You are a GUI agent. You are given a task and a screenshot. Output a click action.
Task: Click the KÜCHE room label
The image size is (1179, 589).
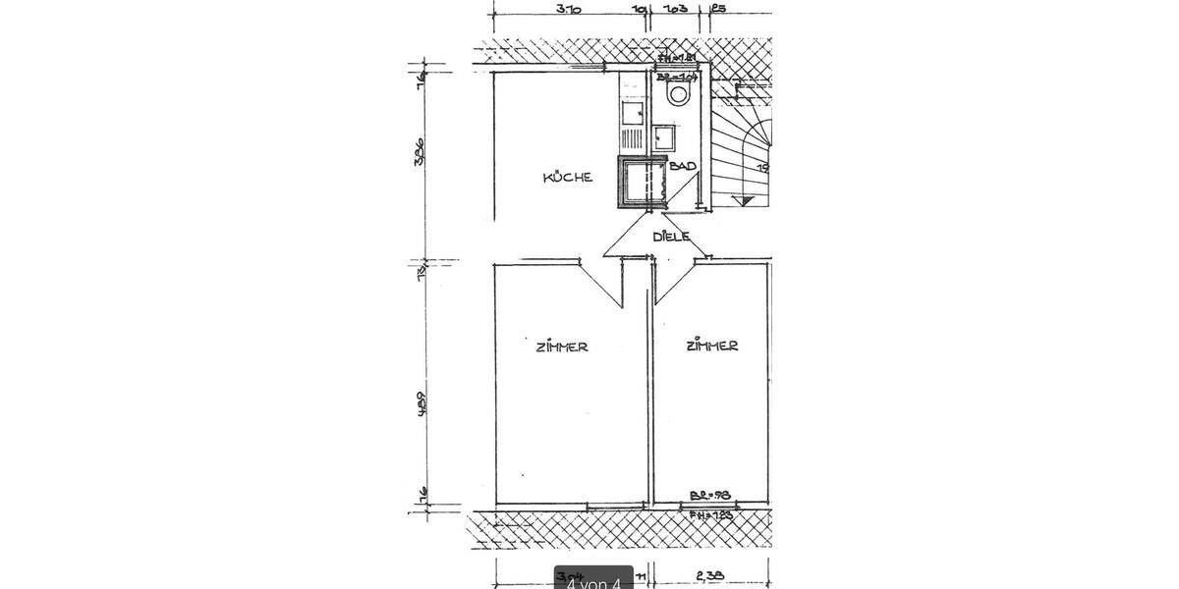pyautogui.click(x=568, y=178)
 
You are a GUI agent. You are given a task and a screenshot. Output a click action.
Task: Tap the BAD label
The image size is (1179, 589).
pyautogui.click(x=683, y=167)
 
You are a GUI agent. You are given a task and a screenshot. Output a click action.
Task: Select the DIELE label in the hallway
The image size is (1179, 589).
pyautogui.click(x=671, y=237)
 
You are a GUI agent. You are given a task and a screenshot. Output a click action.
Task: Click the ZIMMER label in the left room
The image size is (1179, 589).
pyautogui.click(x=562, y=347)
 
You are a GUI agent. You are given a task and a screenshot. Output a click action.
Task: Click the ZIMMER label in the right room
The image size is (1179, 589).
pyautogui.click(x=712, y=346)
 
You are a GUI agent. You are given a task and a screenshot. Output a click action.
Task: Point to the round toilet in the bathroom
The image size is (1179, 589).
pyautogui.click(x=677, y=94)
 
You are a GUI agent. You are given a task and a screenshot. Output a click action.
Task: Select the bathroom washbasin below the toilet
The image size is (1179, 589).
pyautogui.click(x=665, y=137)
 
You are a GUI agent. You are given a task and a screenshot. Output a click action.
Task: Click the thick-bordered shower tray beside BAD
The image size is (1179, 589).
pyautogui.click(x=641, y=183)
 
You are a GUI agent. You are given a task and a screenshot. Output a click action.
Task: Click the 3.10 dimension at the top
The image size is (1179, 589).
pyautogui.click(x=568, y=10)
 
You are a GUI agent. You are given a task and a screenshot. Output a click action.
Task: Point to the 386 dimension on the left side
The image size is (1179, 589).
pyautogui.click(x=420, y=153)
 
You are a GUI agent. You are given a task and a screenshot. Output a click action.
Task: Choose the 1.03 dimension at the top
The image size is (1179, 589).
pyautogui.click(x=674, y=10)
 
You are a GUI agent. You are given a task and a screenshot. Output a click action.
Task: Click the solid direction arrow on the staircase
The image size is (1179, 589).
pyautogui.click(x=747, y=199)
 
